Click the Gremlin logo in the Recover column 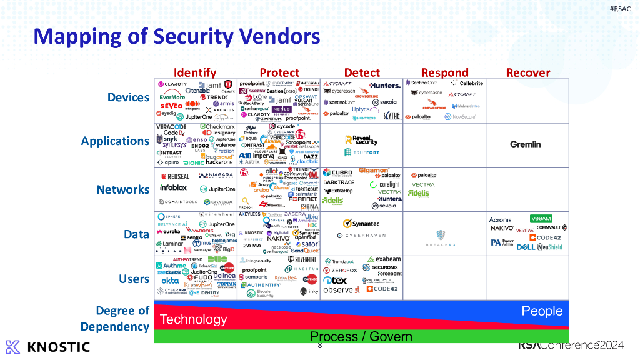[525, 144]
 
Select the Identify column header [195, 72]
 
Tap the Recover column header [528, 72]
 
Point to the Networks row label [123, 189]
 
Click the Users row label [134, 279]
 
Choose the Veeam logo [541, 219]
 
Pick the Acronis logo [501, 220]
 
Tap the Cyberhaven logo [361, 236]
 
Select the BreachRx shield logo [441, 236]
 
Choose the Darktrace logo [338, 182]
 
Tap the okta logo [170, 281]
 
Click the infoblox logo [174, 187]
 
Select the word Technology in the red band [193, 319]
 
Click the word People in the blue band [542, 311]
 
